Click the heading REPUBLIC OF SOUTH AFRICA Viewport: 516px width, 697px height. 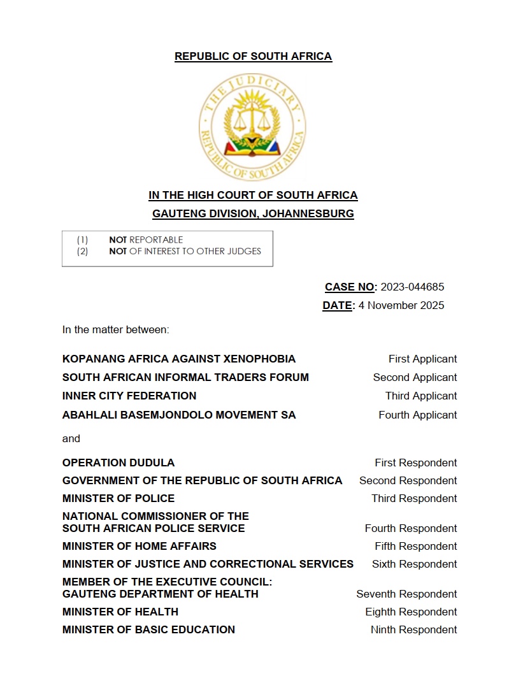coord(253,56)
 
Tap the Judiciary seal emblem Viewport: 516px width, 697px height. coord(252,127)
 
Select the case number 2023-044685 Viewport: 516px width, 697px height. coord(412,287)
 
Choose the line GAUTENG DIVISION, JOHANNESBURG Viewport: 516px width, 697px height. coord(253,214)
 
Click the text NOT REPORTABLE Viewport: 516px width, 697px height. coord(146,240)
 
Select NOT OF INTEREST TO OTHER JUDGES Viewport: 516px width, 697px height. coord(185,251)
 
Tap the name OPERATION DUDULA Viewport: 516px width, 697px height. coord(118,463)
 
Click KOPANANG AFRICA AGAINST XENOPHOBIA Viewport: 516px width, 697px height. coord(179,359)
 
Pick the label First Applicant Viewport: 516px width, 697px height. coord(422,359)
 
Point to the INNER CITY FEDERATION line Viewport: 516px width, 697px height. coord(129,396)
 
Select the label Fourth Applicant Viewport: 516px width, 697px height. coord(418,415)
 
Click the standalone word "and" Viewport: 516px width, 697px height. coord(71,438)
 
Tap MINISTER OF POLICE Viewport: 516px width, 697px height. coord(118,498)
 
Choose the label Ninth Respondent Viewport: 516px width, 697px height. coord(413,629)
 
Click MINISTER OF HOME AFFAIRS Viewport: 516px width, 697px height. coord(140,546)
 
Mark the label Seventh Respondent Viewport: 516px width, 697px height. coord(406,594)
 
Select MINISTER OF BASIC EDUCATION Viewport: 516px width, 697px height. coord(148,629)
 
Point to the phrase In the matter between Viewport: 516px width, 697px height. coord(115,329)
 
